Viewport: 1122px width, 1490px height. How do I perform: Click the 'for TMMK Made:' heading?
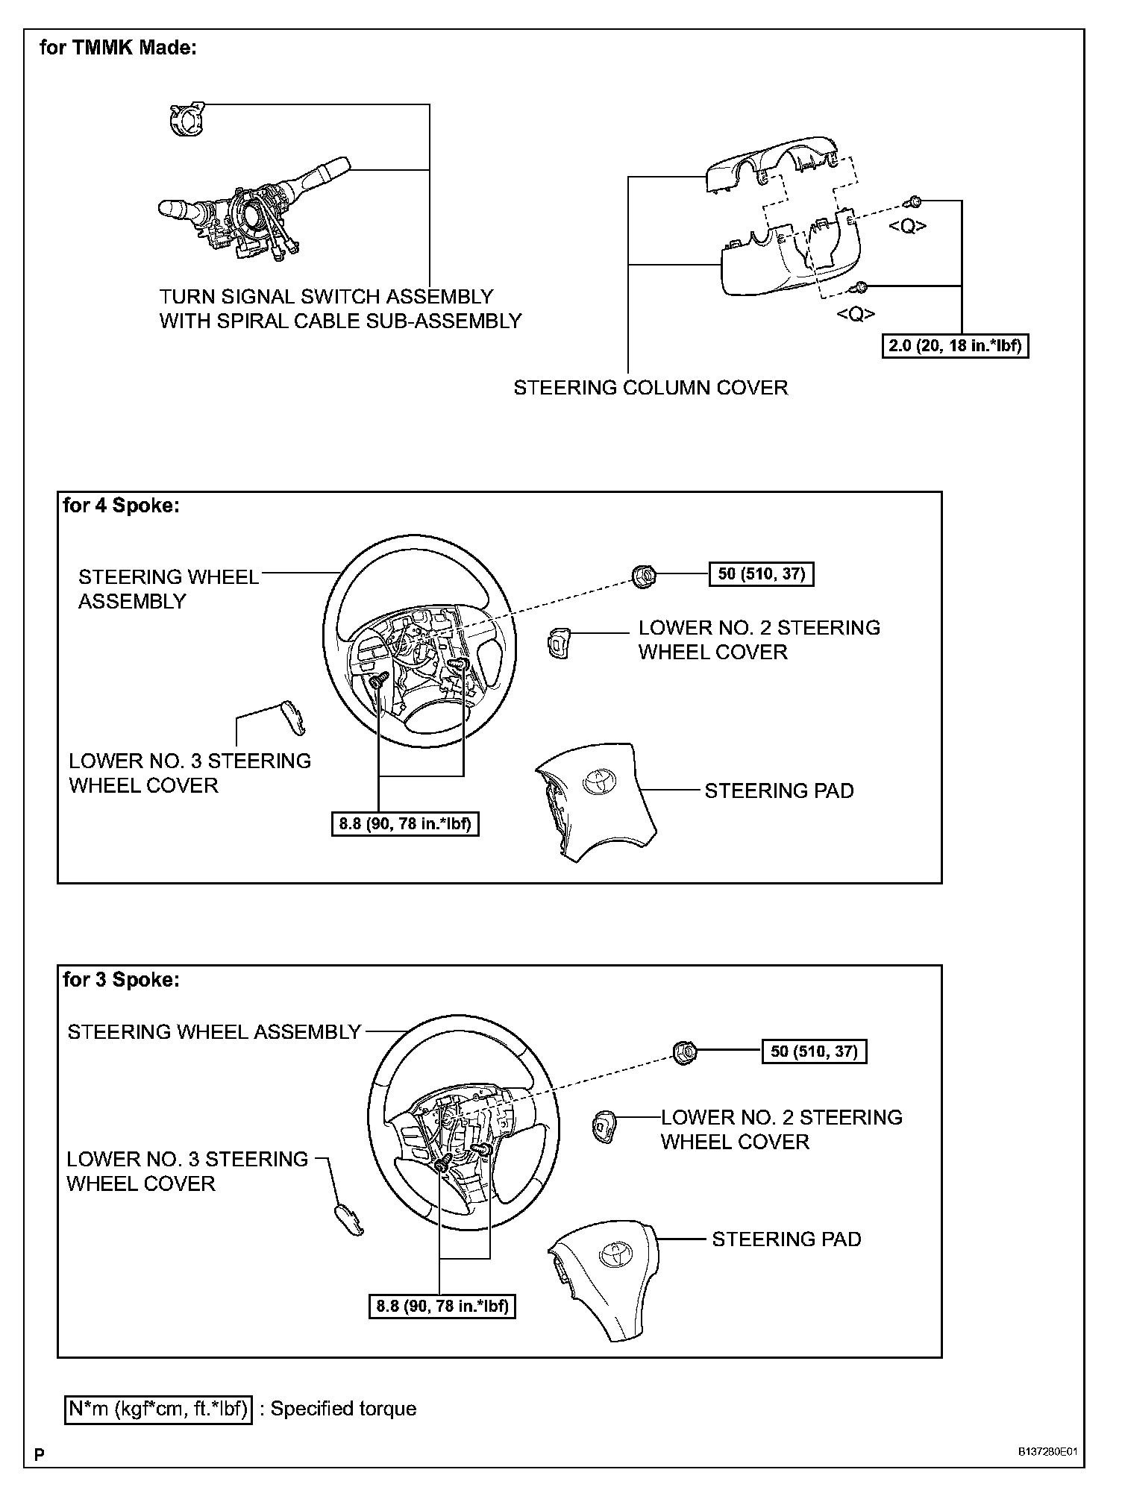[118, 48]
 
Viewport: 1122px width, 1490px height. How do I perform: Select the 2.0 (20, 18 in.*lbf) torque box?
[955, 346]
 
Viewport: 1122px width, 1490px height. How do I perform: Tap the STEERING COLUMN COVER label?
[651, 388]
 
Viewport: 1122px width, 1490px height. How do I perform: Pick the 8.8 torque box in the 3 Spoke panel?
[442, 1306]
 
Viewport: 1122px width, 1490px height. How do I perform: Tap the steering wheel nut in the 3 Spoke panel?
[684, 1052]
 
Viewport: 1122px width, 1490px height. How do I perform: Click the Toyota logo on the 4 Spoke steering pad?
[598, 779]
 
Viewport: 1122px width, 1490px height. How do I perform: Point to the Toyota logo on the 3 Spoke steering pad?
[617, 1253]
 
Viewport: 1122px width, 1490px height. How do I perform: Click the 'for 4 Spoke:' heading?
[122, 506]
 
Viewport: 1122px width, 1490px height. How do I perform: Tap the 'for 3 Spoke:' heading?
[122, 979]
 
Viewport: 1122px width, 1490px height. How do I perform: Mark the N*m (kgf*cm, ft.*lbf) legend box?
[158, 1409]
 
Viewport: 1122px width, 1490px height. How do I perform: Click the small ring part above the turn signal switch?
[183, 119]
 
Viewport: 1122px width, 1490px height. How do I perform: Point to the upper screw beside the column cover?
[914, 201]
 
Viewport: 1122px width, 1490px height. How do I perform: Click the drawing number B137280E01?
[1048, 1452]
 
